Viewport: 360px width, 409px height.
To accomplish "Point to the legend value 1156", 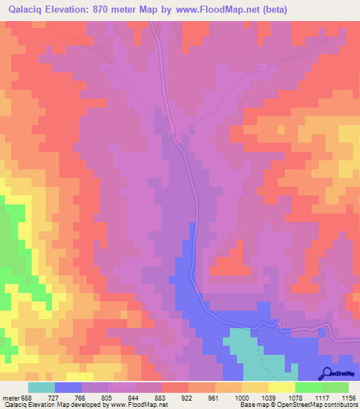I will (349, 398).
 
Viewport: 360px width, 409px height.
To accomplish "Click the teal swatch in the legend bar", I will (41, 387).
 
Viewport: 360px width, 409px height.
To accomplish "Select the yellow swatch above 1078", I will (282, 387).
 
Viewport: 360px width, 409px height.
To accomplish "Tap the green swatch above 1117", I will (309, 387).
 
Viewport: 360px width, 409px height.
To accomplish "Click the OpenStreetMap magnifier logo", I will (327, 373).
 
